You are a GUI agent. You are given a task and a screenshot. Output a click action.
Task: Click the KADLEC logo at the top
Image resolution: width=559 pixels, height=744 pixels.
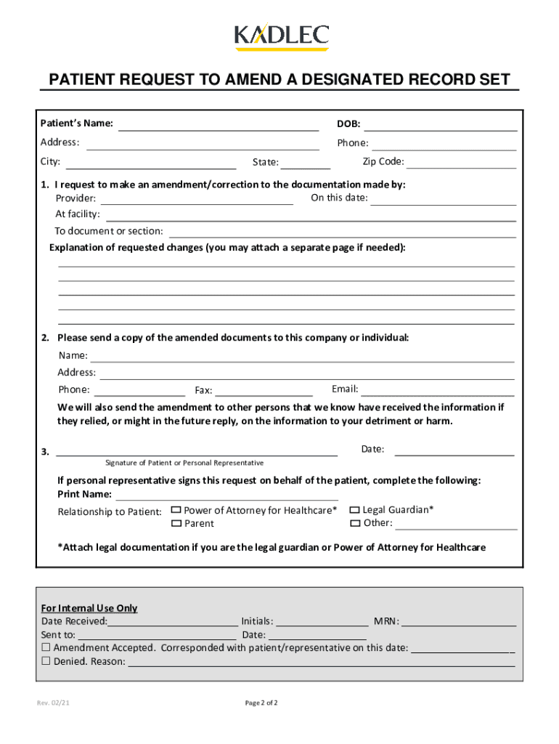pyautogui.click(x=282, y=36)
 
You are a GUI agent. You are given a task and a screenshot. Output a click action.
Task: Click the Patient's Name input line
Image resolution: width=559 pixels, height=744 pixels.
pyautogui.click(x=219, y=125)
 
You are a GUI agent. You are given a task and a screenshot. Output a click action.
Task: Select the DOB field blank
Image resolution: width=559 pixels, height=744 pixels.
pyautogui.click(x=445, y=125)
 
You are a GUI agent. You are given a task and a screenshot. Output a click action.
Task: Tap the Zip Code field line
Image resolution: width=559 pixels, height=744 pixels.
pyautogui.click(x=462, y=163)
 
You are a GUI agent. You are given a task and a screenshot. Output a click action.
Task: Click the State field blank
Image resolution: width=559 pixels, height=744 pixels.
pyautogui.click(x=306, y=163)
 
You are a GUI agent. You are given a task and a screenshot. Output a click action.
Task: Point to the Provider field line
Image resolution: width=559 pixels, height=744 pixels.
pyautogui.click(x=196, y=200)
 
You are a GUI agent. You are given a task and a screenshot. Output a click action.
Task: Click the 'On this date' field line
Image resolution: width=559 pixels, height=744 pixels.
pyautogui.click(x=444, y=200)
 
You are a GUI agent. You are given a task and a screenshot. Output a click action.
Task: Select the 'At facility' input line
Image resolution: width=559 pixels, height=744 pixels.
pyautogui.click(x=311, y=216)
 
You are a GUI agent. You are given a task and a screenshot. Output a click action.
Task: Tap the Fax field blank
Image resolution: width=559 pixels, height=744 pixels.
pyautogui.click(x=264, y=392)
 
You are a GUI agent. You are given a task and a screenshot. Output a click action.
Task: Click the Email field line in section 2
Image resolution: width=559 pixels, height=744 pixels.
pyautogui.click(x=438, y=391)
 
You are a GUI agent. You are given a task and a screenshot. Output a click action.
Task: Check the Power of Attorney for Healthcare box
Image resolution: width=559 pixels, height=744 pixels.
pyautogui.click(x=176, y=511)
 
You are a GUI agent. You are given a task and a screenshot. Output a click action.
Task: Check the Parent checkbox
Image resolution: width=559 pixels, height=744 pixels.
pyautogui.click(x=176, y=524)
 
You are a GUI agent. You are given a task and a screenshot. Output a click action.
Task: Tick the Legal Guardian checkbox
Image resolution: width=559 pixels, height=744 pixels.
pyautogui.click(x=355, y=510)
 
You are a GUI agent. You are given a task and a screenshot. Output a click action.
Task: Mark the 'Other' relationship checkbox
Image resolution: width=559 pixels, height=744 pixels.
pyautogui.click(x=355, y=523)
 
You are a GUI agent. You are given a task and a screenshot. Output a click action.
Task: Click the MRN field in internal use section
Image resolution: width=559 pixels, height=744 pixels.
pyautogui.click(x=459, y=622)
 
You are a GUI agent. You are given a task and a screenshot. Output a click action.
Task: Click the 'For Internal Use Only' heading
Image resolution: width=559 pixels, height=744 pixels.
pyautogui.click(x=89, y=608)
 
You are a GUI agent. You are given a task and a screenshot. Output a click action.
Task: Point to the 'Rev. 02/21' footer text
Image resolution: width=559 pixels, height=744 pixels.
pyautogui.click(x=54, y=703)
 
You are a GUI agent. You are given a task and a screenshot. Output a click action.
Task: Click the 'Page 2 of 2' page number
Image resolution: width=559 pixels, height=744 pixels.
pyautogui.click(x=261, y=703)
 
